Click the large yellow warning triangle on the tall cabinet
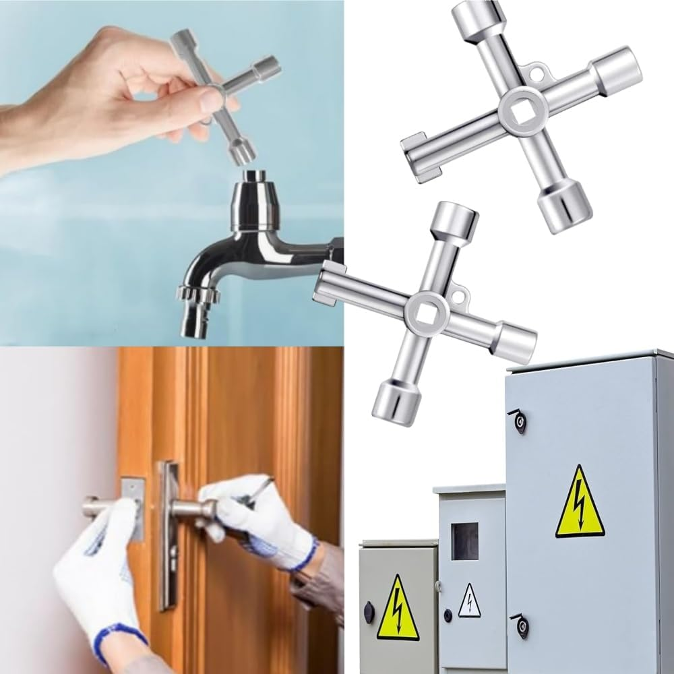click(x=579, y=503)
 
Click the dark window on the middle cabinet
click(x=464, y=541)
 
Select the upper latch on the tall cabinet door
click(x=519, y=421)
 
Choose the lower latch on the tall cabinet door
click(x=522, y=625)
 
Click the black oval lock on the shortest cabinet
click(x=369, y=612)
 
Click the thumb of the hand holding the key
click(x=202, y=101)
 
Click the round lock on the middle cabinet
click(x=448, y=615)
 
